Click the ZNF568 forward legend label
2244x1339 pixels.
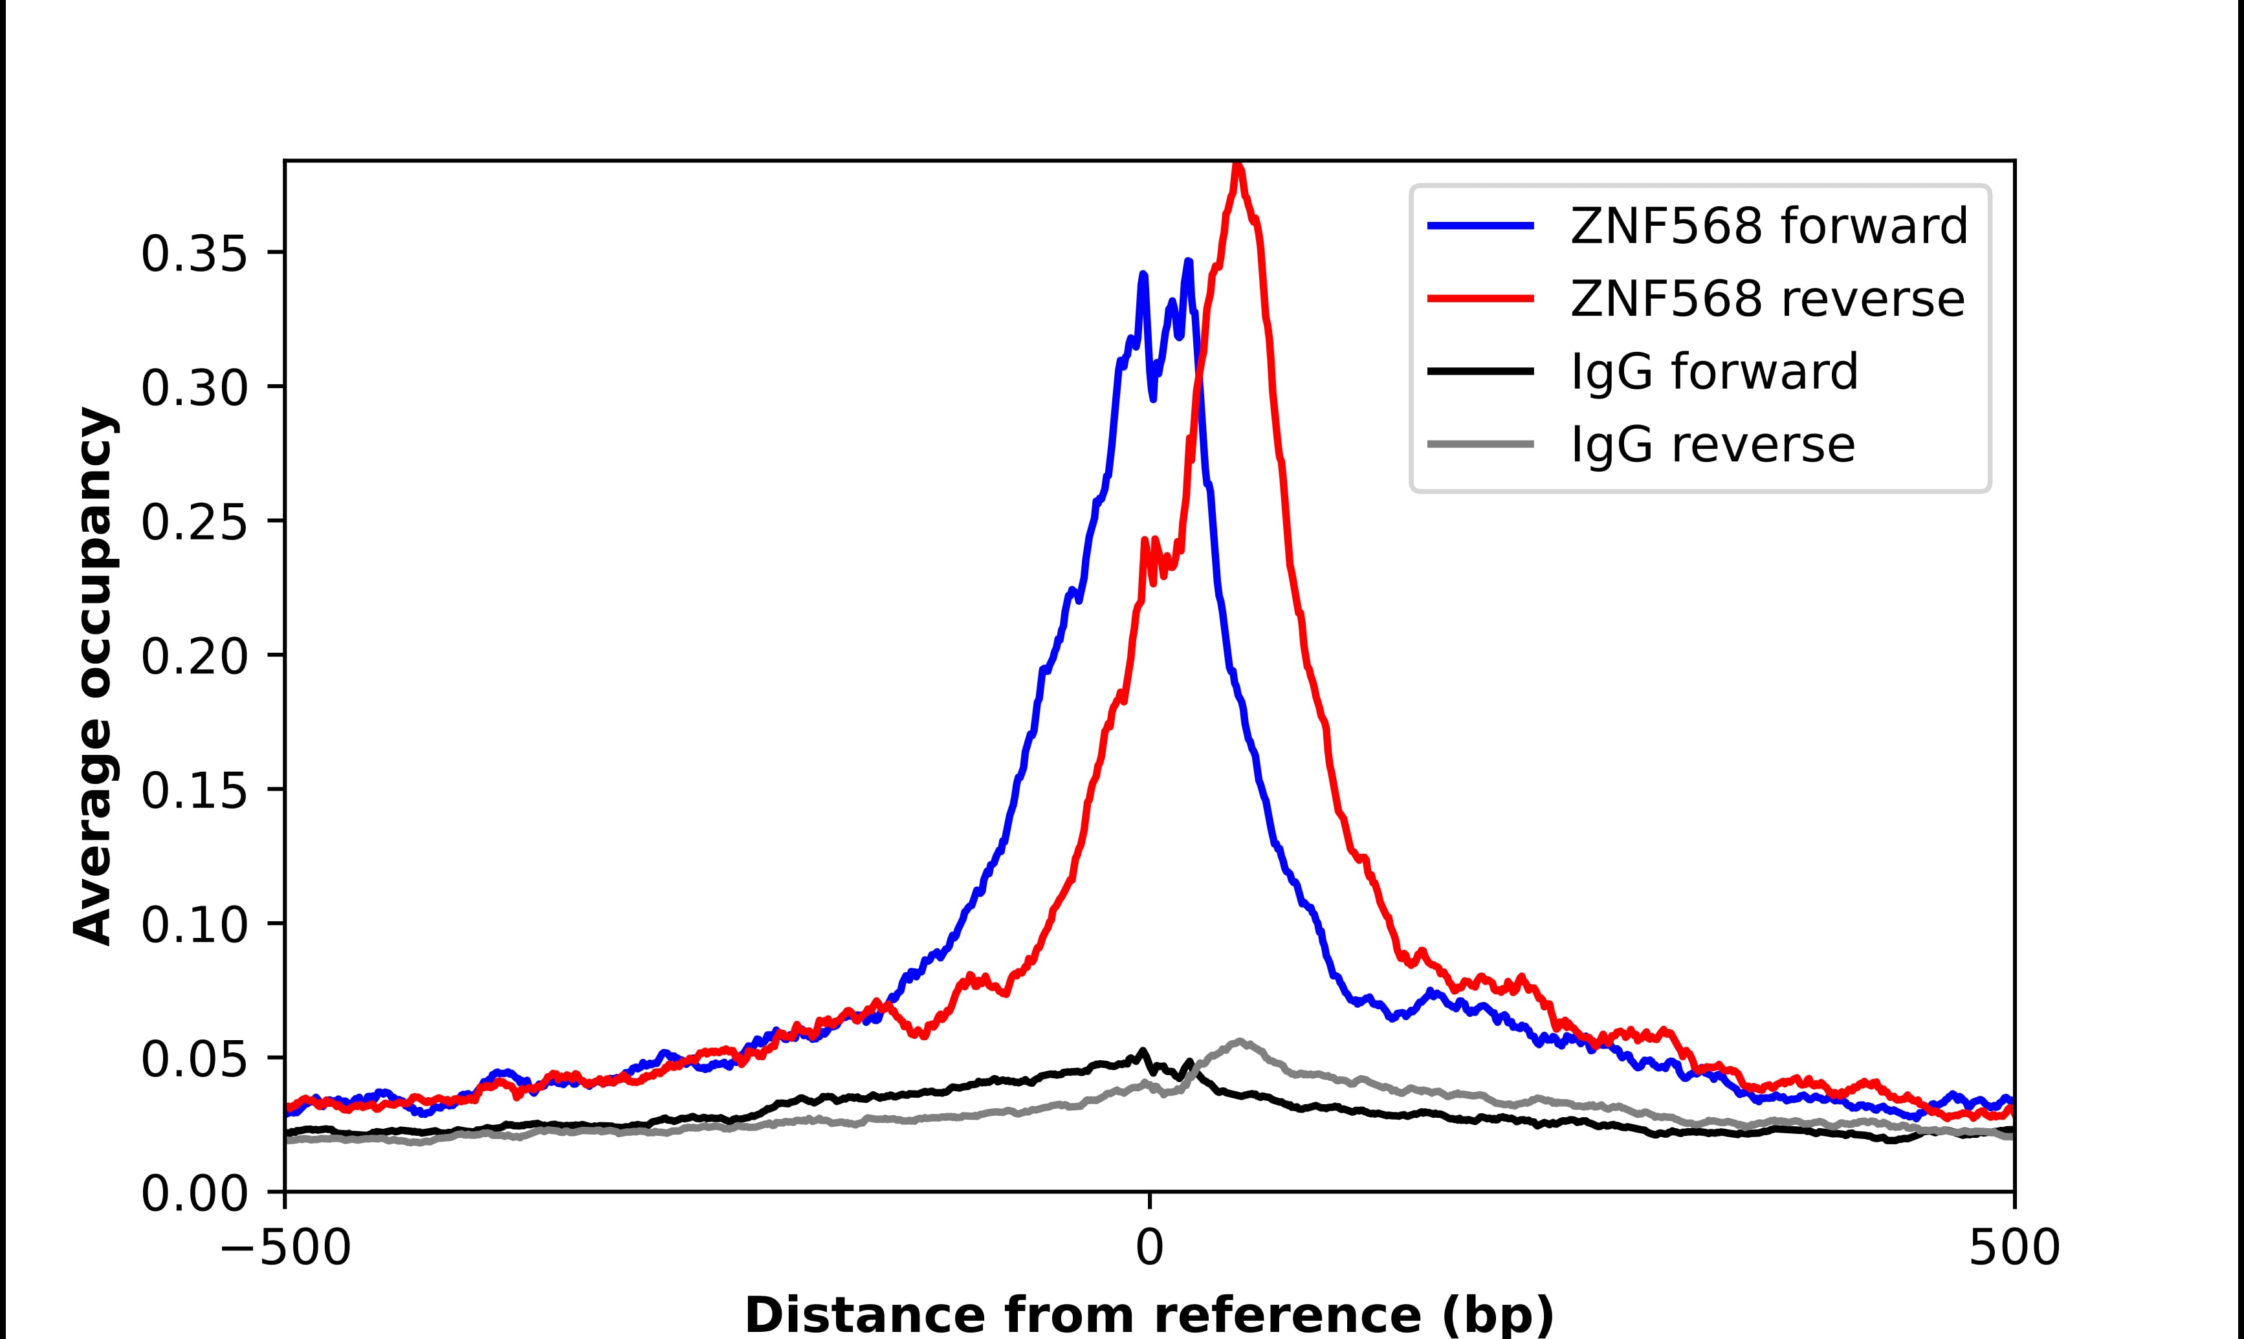(1768, 226)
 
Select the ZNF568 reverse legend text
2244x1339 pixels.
(1766, 299)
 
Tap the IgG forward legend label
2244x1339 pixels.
(1714, 372)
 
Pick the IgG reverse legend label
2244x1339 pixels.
(1713, 445)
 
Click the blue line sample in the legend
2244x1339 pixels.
(1480, 226)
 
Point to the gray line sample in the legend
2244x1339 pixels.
(1480, 444)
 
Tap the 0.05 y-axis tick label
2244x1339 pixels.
(194, 1060)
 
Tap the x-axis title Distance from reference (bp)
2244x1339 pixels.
(1149, 1314)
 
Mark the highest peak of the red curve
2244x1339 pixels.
(1238, 167)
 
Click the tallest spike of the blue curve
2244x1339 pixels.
(1188, 263)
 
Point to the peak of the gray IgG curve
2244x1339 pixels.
(1242, 1041)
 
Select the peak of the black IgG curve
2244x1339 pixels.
(1144, 1051)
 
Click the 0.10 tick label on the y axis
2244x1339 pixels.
(194, 926)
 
